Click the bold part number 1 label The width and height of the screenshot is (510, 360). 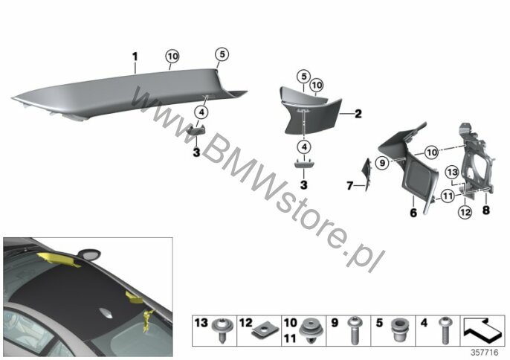pyautogui.click(x=135, y=57)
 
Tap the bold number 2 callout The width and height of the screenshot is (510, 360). pyautogui.click(x=358, y=114)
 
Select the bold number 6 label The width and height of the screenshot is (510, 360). pyautogui.click(x=413, y=213)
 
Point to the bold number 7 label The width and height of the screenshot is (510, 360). pyautogui.click(x=350, y=186)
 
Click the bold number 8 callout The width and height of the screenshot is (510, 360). pyautogui.click(x=485, y=210)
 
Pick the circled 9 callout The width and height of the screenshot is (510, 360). pyautogui.click(x=382, y=163)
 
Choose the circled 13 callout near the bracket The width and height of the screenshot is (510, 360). pyautogui.click(x=452, y=172)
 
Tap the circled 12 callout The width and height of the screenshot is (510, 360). pyautogui.click(x=465, y=212)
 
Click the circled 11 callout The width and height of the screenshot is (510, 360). pyautogui.click(x=448, y=196)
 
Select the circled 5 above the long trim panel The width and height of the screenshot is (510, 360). pyautogui.click(x=222, y=54)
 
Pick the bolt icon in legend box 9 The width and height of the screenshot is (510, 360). pyautogui.click(x=354, y=330)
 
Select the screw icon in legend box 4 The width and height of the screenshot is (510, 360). pyautogui.click(x=444, y=330)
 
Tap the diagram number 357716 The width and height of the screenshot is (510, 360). pyautogui.click(x=485, y=353)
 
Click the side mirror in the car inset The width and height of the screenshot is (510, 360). pyautogui.click(x=89, y=254)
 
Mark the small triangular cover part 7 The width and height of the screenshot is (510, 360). pyautogui.click(x=367, y=174)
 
